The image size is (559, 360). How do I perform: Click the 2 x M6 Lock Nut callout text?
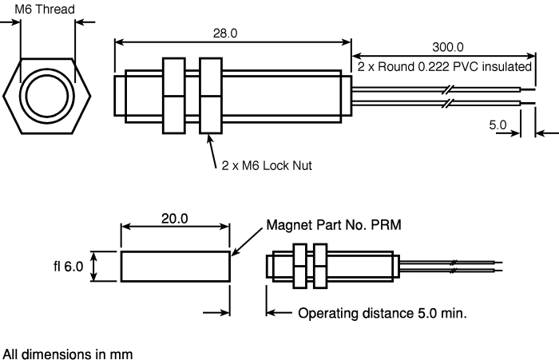[266, 166]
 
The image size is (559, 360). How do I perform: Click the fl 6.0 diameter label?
[64, 267]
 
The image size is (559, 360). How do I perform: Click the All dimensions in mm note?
[67, 352]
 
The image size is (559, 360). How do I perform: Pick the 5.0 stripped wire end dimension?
[498, 125]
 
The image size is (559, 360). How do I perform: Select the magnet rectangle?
[175, 267]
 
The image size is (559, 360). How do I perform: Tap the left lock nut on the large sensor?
[174, 95]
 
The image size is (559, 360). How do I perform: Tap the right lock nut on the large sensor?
[211, 95]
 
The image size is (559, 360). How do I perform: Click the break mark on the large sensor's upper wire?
[446, 89]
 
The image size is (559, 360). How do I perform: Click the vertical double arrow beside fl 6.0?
[95, 267]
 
